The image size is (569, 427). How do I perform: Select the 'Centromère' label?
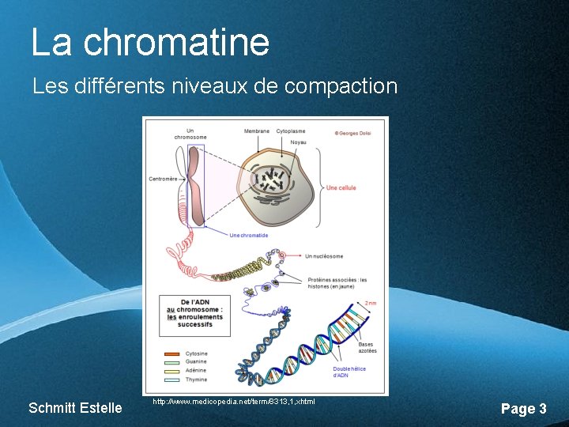click(163, 179)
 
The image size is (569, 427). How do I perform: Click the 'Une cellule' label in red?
click(341, 187)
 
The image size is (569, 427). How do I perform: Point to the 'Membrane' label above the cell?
click(256, 130)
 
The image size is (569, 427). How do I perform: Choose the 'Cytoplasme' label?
click(291, 130)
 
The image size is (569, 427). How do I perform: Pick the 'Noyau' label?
click(298, 142)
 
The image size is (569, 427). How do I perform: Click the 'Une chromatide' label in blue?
click(248, 235)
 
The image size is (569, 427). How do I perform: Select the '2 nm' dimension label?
click(371, 303)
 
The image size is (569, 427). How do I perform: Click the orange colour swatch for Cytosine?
click(171, 353)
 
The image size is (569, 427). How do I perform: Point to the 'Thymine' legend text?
click(196, 379)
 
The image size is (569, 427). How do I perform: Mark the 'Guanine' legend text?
click(196, 362)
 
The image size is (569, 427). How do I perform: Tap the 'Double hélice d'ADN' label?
click(349, 372)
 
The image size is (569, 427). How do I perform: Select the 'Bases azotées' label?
click(367, 347)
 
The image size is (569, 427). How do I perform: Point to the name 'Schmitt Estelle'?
click(75, 408)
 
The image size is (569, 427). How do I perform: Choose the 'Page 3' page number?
click(523, 409)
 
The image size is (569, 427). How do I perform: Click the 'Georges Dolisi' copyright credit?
click(353, 132)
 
